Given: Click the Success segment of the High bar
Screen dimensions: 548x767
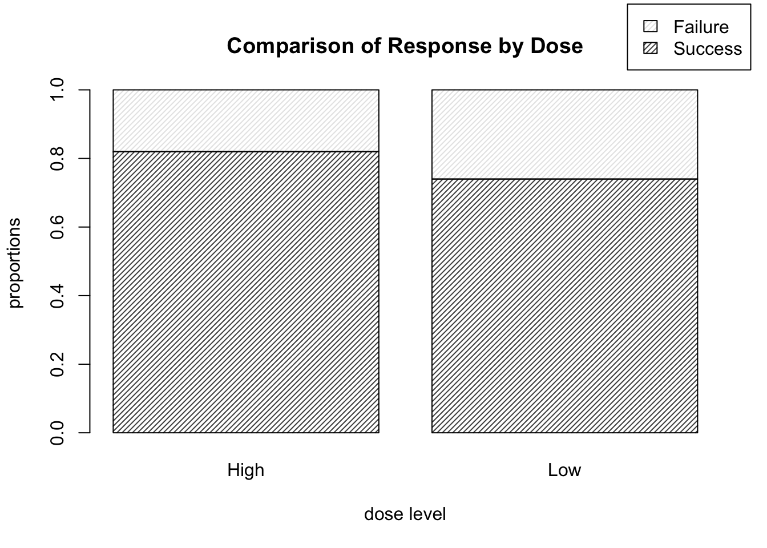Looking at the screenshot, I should point(246,292).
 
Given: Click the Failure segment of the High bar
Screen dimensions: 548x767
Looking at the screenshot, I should point(246,120).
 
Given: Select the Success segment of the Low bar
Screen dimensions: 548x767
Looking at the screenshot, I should point(564,305).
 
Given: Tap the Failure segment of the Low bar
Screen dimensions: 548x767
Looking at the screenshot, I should point(564,134).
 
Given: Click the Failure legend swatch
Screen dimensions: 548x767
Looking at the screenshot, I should point(651,27).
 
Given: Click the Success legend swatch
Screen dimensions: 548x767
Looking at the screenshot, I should point(651,49).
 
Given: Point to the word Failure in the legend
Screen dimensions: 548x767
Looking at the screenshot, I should point(701,27).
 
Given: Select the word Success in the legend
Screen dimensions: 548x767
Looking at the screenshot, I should point(708,49).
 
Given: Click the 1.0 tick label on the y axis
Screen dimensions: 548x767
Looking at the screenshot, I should point(58,90).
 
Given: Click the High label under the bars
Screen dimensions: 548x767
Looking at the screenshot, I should point(246,470).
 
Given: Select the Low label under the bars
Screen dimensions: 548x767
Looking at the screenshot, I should point(564,470).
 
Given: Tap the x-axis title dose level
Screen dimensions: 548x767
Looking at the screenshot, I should point(405,514).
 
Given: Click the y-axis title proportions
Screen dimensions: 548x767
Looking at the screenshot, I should point(15,262).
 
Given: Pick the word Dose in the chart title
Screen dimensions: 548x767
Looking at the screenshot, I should point(557,46).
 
